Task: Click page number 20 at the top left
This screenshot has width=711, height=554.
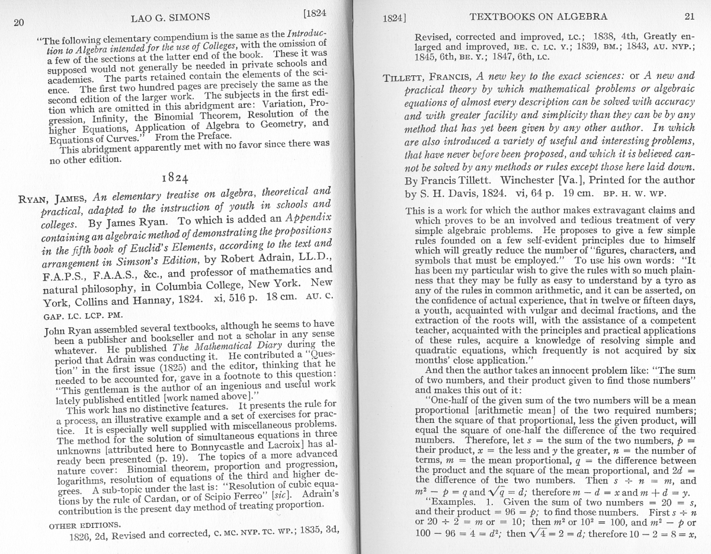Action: pyautogui.click(x=18, y=23)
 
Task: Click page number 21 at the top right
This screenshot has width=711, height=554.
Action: pyautogui.click(x=688, y=17)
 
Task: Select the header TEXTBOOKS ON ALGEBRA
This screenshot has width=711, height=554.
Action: pyautogui.click(x=538, y=17)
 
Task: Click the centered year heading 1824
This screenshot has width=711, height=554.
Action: pyautogui.click(x=175, y=178)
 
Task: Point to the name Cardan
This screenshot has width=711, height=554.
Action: pyautogui.click(x=157, y=496)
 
